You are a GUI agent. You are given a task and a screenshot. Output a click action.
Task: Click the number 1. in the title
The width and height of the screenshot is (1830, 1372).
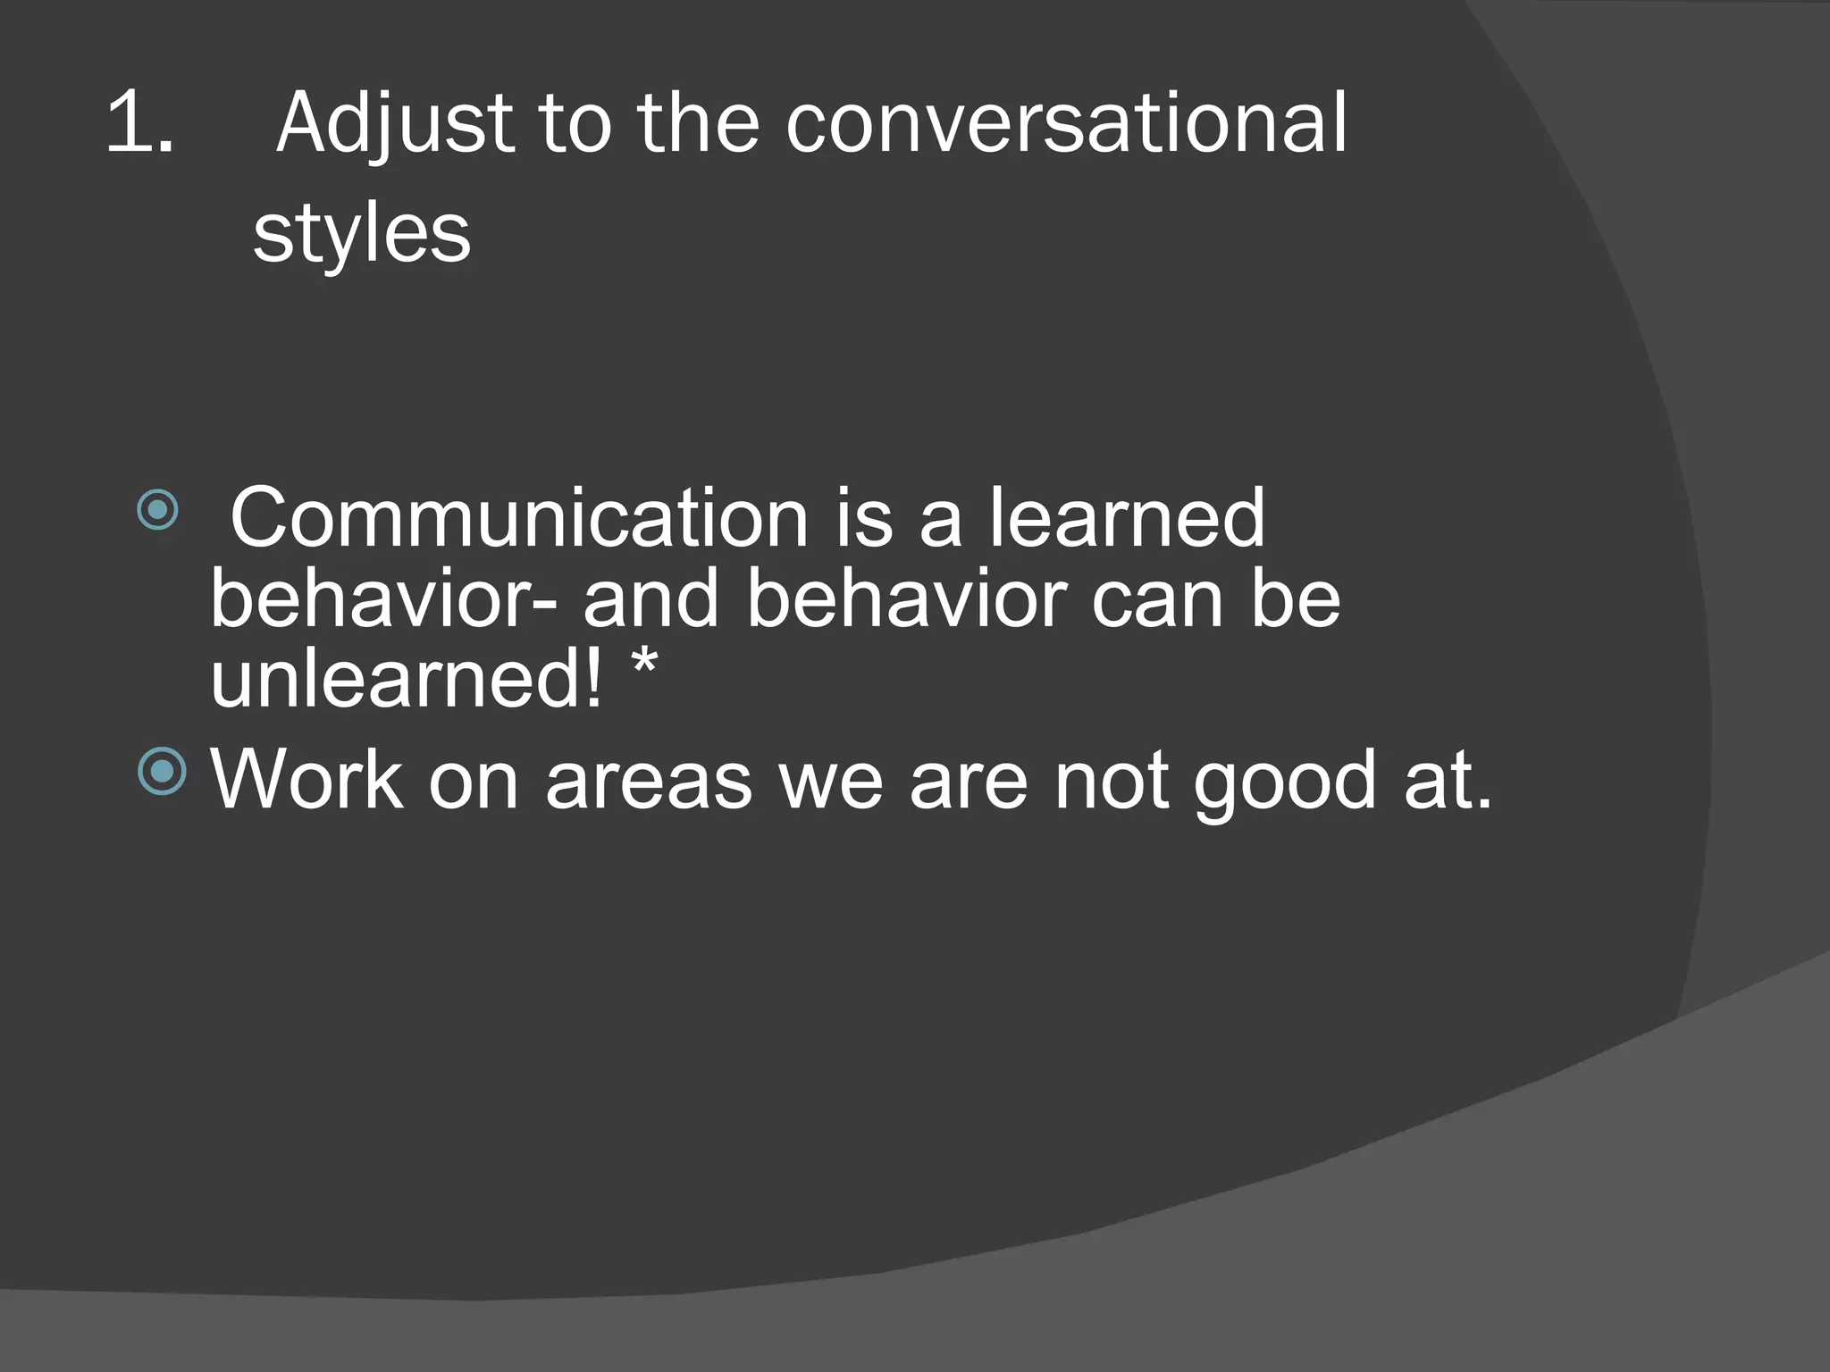click(139, 123)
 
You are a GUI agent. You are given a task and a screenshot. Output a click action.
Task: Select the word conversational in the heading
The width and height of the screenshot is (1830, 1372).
click(1065, 123)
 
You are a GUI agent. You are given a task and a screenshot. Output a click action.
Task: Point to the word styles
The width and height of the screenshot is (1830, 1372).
click(362, 234)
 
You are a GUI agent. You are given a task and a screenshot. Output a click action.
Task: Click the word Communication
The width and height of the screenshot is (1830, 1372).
click(519, 519)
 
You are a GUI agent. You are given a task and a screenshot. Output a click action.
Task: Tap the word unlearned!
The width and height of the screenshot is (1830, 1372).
click(407, 680)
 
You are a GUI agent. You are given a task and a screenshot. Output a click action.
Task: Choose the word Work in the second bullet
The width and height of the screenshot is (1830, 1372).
click(306, 780)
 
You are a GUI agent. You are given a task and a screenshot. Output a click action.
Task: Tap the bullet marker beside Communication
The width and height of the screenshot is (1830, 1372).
click(158, 511)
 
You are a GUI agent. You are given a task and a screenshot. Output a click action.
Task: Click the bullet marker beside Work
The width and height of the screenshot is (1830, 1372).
click(163, 771)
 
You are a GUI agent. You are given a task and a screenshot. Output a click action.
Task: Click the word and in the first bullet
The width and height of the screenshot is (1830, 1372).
click(651, 599)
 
